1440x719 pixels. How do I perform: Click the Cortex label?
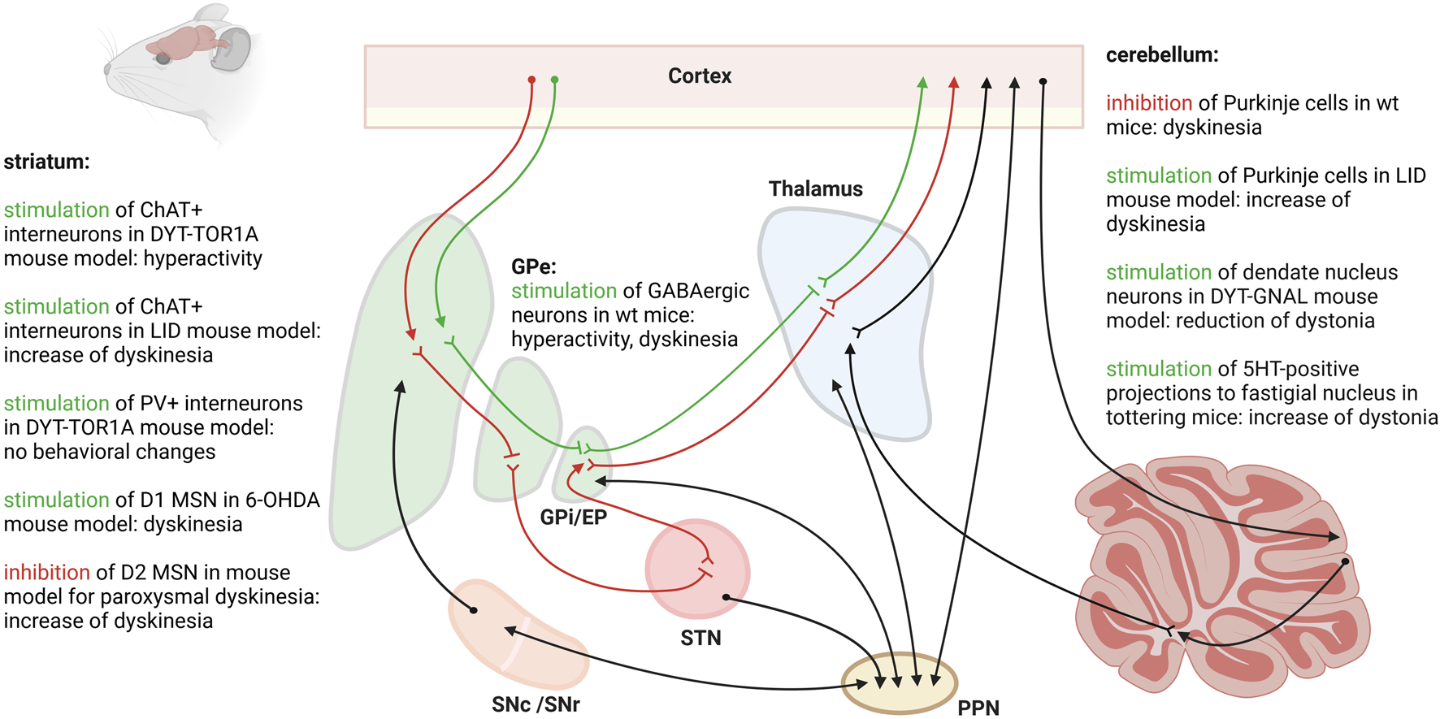[x=700, y=76]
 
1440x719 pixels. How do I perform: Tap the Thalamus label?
[x=815, y=188]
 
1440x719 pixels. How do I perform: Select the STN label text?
[x=700, y=638]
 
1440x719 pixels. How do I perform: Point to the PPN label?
[x=978, y=708]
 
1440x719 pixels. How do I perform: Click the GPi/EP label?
[x=573, y=517]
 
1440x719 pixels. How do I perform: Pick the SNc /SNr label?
[x=536, y=704]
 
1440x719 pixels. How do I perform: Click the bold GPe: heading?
[x=534, y=266]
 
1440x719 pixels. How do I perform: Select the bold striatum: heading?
[x=46, y=162]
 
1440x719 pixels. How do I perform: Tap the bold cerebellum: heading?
[x=1162, y=55]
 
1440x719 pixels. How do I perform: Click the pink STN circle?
[x=697, y=569]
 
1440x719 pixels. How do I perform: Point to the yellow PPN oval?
[x=900, y=682]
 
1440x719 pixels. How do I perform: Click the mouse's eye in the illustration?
[x=163, y=58]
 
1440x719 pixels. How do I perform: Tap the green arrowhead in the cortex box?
[x=922, y=83]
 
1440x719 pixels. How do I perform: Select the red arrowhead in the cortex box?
[x=954, y=83]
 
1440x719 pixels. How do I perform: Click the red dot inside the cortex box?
[x=531, y=80]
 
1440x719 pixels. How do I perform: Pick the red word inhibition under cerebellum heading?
[x=1149, y=103]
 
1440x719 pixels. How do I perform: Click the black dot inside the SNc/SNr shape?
[x=474, y=610]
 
